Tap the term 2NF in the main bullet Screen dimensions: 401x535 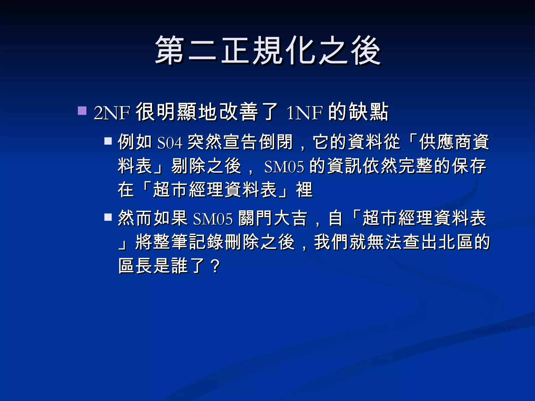click(x=112, y=113)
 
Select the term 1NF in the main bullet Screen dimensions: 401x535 click(x=305, y=113)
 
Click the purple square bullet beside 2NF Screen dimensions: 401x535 click(x=82, y=110)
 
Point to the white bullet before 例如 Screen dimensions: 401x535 click(x=108, y=141)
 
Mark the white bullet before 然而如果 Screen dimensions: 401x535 click(x=108, y=217)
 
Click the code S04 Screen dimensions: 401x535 click(x=170, y=143)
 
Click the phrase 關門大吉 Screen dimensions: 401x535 click(x=273, y=218)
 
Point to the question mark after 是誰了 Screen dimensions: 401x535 click(x=216, y=266)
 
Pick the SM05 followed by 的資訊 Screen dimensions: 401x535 click(x=284, y=167)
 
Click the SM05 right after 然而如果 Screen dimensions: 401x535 click(x=213, y=219)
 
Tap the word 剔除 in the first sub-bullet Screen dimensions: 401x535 click(x=189, y=166)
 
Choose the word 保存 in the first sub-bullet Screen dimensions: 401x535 click(x=469, y=166)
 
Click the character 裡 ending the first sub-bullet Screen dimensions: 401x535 click(x=304, y=190)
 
